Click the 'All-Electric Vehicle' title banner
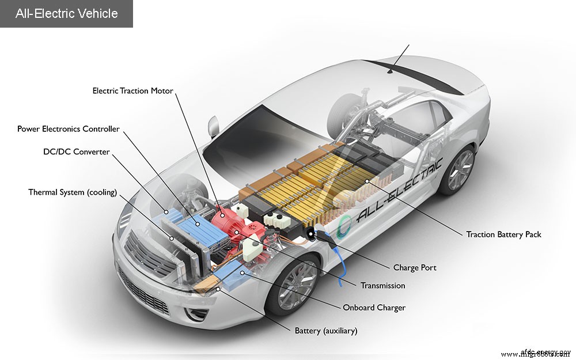[x=66, y=13]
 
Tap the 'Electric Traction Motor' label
[x=132, y=91]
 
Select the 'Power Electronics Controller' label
[x=69, y=129]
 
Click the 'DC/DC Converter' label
[x=76, y=152]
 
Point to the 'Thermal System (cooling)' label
[x=73, y=192]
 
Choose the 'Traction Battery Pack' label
[x=503, y=234]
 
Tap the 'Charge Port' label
[x=415, y=268]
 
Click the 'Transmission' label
[x=382, y=286]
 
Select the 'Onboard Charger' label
[x=374, y=308]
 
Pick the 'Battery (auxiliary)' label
[x=326, y=331]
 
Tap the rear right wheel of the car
[x=458, y=170]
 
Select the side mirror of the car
[x=214, y=126]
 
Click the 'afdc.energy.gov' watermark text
[x=547, y=353]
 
